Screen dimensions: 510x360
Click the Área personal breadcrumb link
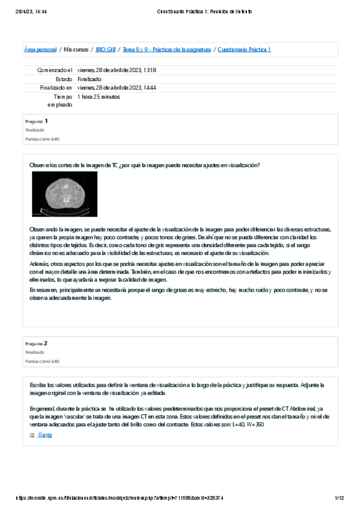40,49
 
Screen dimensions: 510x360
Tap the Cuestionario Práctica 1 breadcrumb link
244,49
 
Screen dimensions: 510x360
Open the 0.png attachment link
44,435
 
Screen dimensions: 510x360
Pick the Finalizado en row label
56,87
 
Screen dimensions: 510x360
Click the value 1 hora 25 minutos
99,96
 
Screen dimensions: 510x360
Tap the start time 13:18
149,70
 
